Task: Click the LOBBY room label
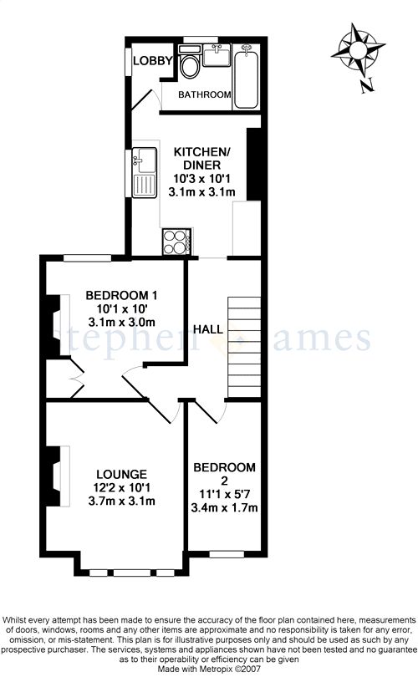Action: click(153, 61)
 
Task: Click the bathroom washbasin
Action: click(217, 55)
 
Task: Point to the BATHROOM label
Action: click(205, 94)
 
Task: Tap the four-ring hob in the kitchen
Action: click(176, 242)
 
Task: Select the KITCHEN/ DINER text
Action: click(202, 158)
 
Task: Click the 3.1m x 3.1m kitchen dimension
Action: click(202, 192)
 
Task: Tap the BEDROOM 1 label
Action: click(121, 295)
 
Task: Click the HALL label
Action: click(208, 329)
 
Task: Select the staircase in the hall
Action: click(244, 347)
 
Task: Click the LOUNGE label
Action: click(121, 475)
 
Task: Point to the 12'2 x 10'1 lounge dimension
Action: click(121, 488)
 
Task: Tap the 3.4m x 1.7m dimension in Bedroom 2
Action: click(224, 507)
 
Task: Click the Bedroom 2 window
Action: click(227, 554)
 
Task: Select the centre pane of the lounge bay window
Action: click(132, 573)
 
